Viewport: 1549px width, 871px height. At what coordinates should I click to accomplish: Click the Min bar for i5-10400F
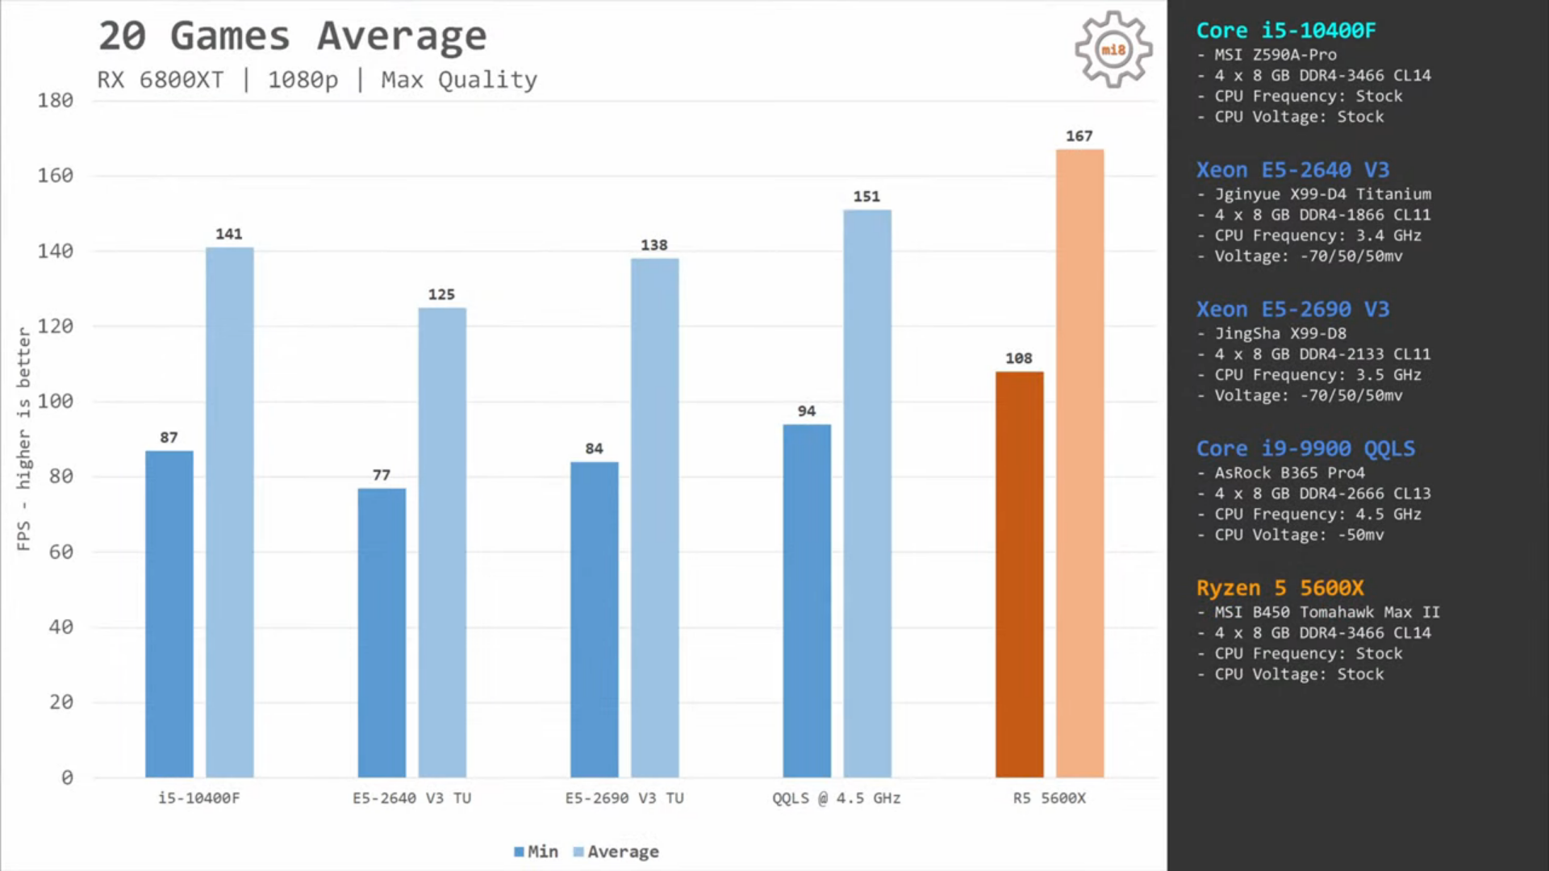pos(169,614)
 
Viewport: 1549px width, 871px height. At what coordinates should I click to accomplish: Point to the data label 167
pos(1079,136)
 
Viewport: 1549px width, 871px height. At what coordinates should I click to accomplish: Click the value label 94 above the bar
pos(806,411)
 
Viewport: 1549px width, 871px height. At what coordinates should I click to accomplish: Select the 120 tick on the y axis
pos(55,327)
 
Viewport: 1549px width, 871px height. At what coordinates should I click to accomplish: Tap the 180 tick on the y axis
pos(55,101)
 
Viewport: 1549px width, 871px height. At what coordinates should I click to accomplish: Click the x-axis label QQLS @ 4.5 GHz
pos(836,798)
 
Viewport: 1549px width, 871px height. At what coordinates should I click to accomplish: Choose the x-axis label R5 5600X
pos(1049,798)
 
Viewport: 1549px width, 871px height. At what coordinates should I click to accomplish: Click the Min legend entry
pos(536,852)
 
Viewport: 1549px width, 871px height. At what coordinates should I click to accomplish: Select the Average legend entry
pos(616,852)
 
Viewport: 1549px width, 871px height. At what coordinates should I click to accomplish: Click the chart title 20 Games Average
pos(292,36)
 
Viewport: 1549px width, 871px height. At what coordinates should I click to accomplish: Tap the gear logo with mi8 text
pos(1113,50)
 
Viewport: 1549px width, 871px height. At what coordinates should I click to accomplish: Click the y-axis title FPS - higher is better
pos(23,439)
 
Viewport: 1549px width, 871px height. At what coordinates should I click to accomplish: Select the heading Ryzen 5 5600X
pos(1280,588)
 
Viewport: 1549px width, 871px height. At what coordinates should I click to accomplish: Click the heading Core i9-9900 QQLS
pos(1305,448)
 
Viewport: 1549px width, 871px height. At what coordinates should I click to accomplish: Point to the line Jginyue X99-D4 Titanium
pos(1322,194)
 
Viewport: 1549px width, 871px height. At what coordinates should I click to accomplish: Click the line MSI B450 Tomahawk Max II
pos(1326,612)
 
